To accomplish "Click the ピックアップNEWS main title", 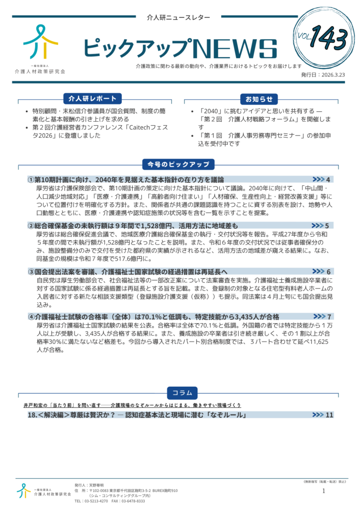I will pyautogui.click(x=180, y=48).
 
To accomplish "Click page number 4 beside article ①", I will pyautogui.click(x=328, y=179).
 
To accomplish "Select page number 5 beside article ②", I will pyautogui.click(x=327, y=226).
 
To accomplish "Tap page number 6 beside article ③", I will pyautogui.click(x=329, y=271).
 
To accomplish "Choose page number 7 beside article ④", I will pyautogui.click(x=329, y=317).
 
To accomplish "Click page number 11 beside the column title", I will pyautogui.click(x=329, y=415).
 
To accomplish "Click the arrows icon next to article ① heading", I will pyautogui.click(x=318, y=179).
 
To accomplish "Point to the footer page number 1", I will pyautogui.click(x=324, y=491).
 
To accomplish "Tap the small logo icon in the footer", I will pyautogui.click(x=23, y=491).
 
